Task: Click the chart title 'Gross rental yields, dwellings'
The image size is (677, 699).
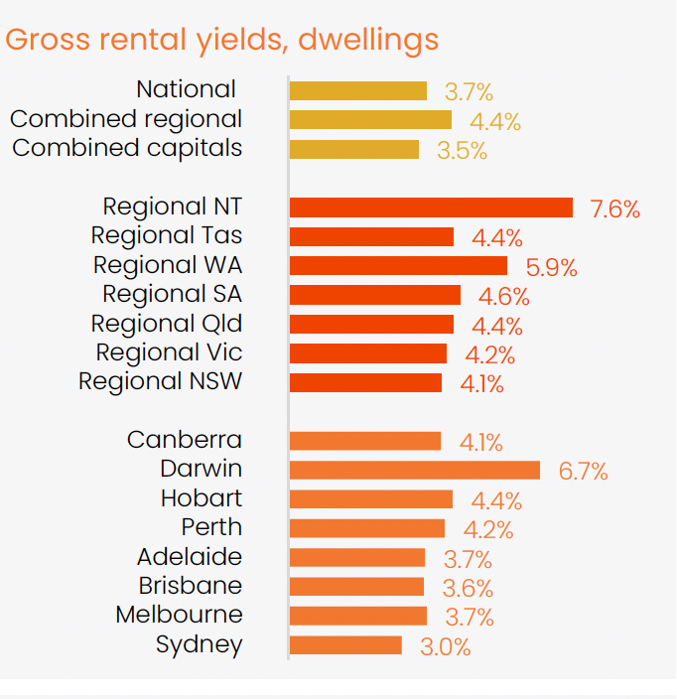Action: (222, 40)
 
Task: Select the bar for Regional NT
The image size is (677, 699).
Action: (431, 208)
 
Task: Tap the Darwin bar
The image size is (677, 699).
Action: (415, 470)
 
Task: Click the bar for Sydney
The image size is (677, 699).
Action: (345, 645)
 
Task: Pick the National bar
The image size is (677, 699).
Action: (358, 91)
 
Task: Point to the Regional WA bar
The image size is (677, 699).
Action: (398, 266)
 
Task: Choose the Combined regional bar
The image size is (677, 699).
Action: (370, 120)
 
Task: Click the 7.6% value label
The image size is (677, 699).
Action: (614, 210)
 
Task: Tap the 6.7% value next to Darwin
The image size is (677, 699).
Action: (583, 472)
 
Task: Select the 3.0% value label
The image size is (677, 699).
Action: (445, 647)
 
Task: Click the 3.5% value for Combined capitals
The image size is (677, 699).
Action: (462, 152)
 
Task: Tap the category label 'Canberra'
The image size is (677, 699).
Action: (185, 440)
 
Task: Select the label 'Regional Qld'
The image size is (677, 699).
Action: (166, 324)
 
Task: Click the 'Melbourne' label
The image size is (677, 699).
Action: (179, 615)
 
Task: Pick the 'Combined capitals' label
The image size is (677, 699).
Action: (126, 149)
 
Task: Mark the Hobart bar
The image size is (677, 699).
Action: (371, 499)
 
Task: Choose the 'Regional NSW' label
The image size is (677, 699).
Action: (160, 382)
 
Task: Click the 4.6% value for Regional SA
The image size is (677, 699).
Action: (503, 297)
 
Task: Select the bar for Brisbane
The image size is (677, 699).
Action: (357, 587)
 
